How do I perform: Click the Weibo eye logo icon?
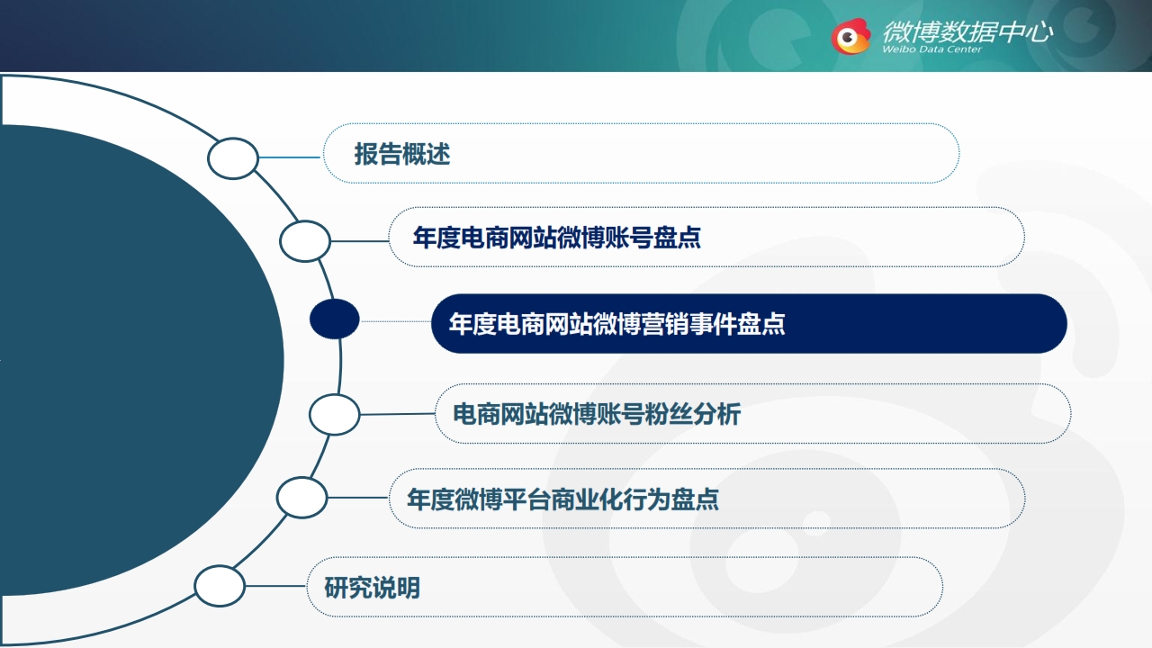[x=851, y=36]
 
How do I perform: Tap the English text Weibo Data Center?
[x=931, y=49]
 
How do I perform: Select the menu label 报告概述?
[x=402, y=154]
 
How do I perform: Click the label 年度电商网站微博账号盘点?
[x=557, y=238]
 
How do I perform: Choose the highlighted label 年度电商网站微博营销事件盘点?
[x=617, y=324]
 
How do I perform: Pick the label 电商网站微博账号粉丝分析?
[x=597, y=414]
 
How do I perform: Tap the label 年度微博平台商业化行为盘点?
[x=562, y=499]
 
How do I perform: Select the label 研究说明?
[x=373, y=588]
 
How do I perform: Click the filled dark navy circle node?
[x=334, y=319]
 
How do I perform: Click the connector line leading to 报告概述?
[x=291, y=157]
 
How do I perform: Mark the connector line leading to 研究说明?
[x=276, y=586]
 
